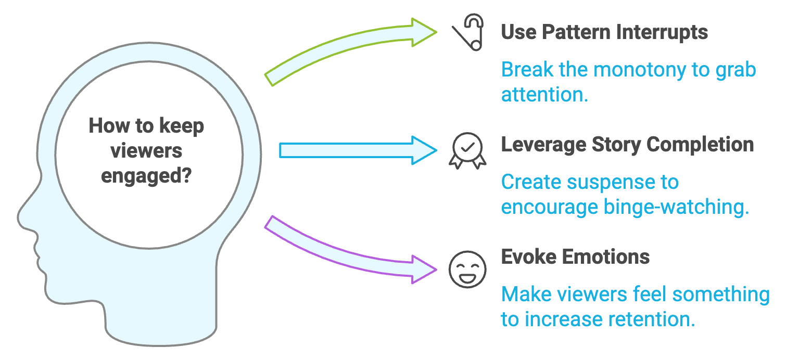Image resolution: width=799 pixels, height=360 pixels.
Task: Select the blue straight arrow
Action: coord(358,150)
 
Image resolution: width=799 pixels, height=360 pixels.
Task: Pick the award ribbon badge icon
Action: coord(467,150)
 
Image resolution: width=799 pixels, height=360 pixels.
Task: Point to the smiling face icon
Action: coord(467,269)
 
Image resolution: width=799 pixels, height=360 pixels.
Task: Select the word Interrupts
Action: coord(662,33)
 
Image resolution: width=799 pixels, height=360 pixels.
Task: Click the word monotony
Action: coord(640,70)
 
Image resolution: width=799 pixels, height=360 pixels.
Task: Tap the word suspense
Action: coord(611,183)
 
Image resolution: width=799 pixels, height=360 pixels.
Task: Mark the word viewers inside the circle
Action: coord(146,151)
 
